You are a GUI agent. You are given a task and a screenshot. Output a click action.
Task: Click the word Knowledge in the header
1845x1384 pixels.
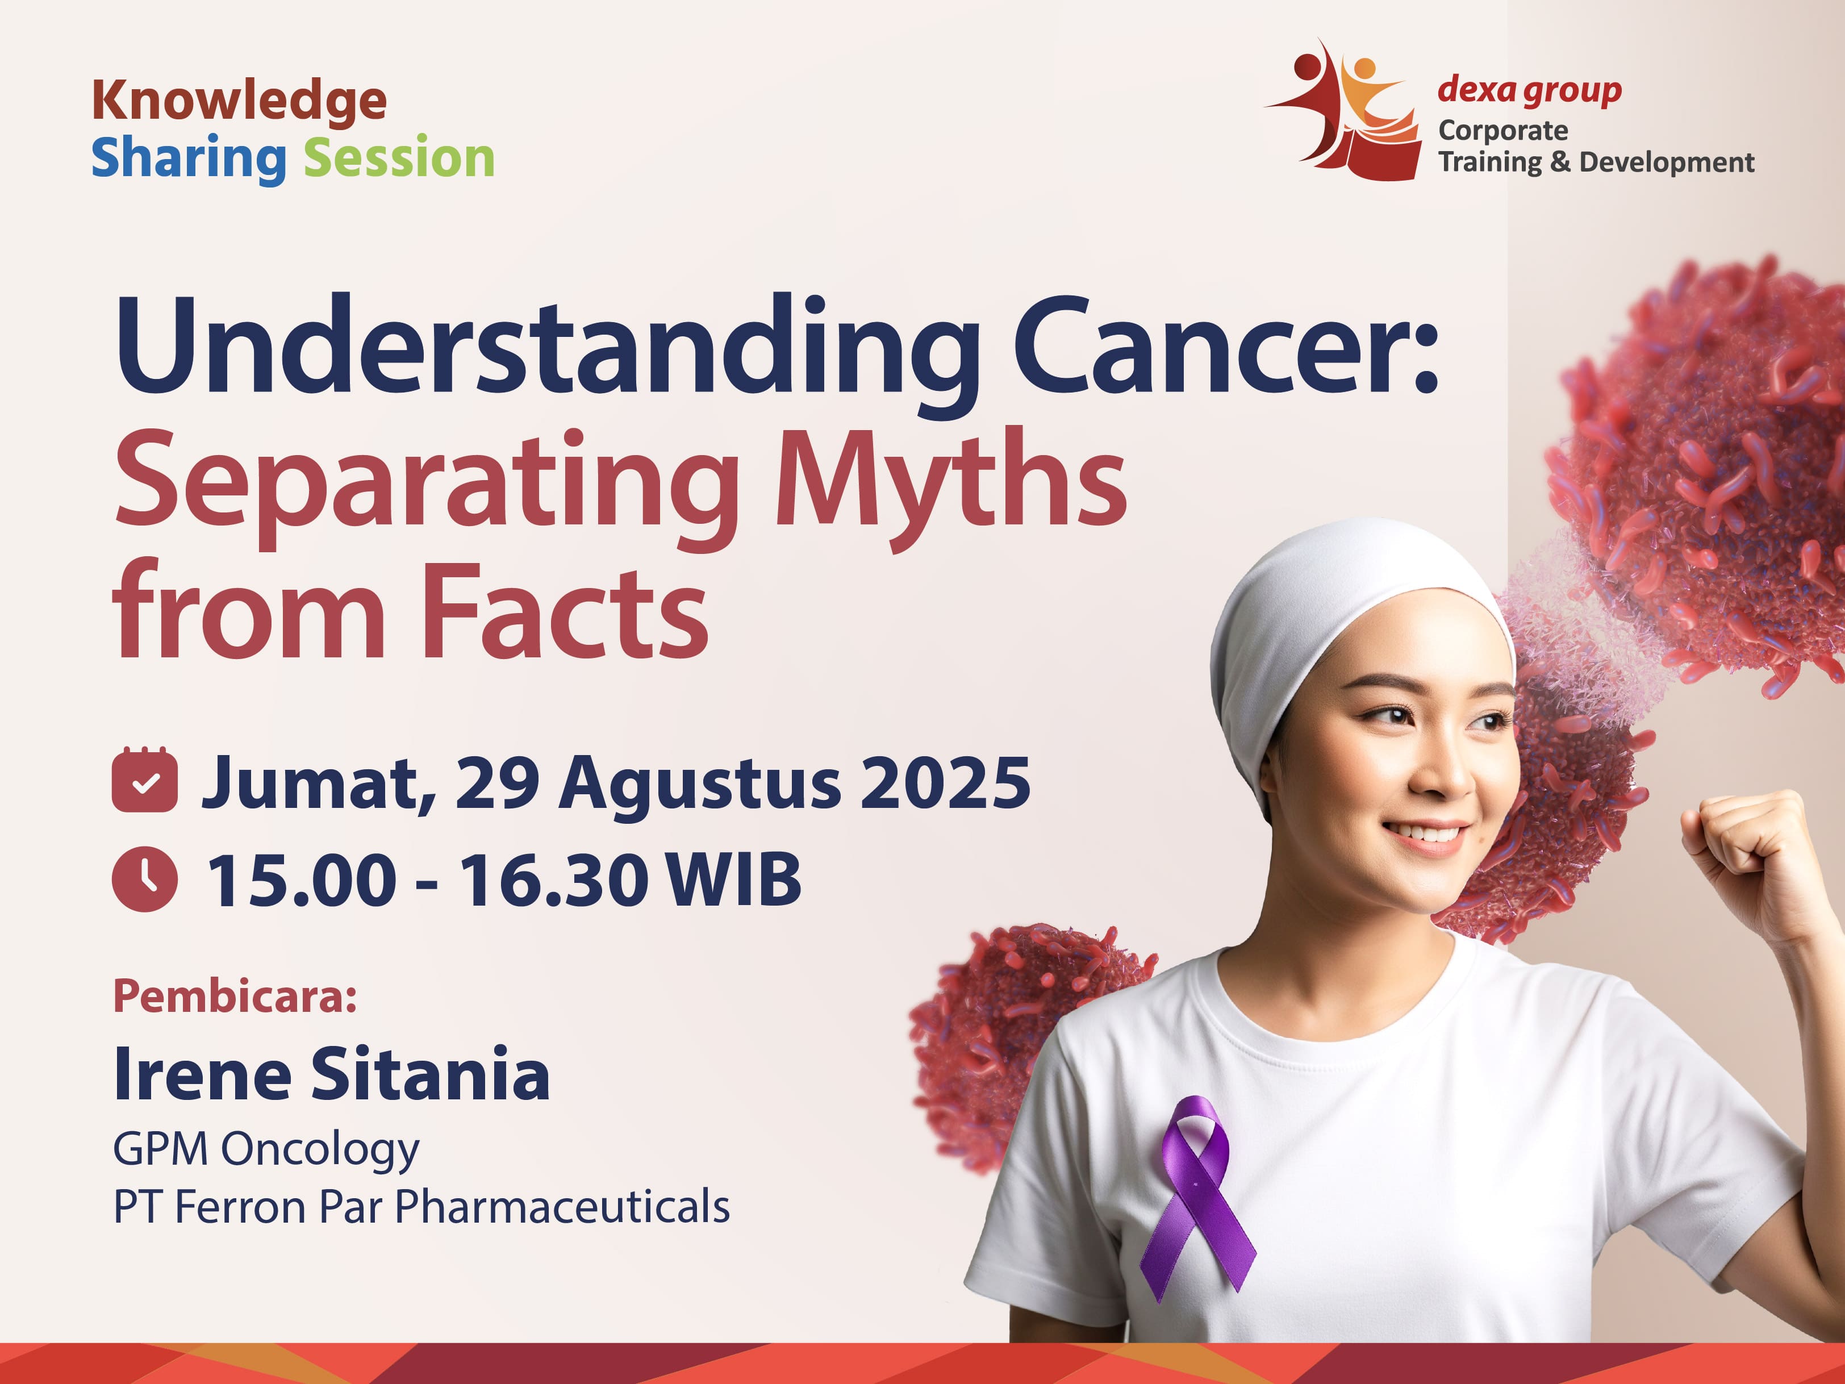tap(239, 102)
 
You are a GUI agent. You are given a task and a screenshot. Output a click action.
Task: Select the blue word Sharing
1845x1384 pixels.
tap(189, 159)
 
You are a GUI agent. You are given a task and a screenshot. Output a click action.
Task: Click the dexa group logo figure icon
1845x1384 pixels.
tap(1343, 109)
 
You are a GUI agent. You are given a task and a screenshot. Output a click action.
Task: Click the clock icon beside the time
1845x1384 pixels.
tap(144, 878)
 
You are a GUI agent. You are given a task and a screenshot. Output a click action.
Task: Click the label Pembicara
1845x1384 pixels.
tap(235, 995)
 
